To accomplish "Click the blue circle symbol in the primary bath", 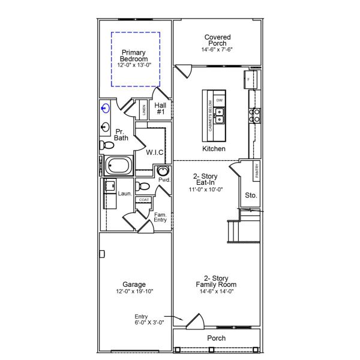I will coord(106,109).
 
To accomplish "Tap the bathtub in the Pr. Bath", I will coord(118,165).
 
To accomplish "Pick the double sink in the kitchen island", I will coord(220,112).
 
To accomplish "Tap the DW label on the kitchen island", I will coord(220,100).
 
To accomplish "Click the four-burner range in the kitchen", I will coord(254,115).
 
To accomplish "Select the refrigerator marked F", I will coord(251,79).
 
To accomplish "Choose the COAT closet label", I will coord(143,200).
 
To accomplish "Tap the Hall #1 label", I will coord(161,109).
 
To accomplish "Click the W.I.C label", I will coord(155,152).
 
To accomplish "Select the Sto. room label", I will coord(251,195).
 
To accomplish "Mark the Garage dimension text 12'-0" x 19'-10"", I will coord(134,292).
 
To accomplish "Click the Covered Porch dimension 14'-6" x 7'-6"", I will coord(217,50).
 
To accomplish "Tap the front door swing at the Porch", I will coord(194,322).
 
